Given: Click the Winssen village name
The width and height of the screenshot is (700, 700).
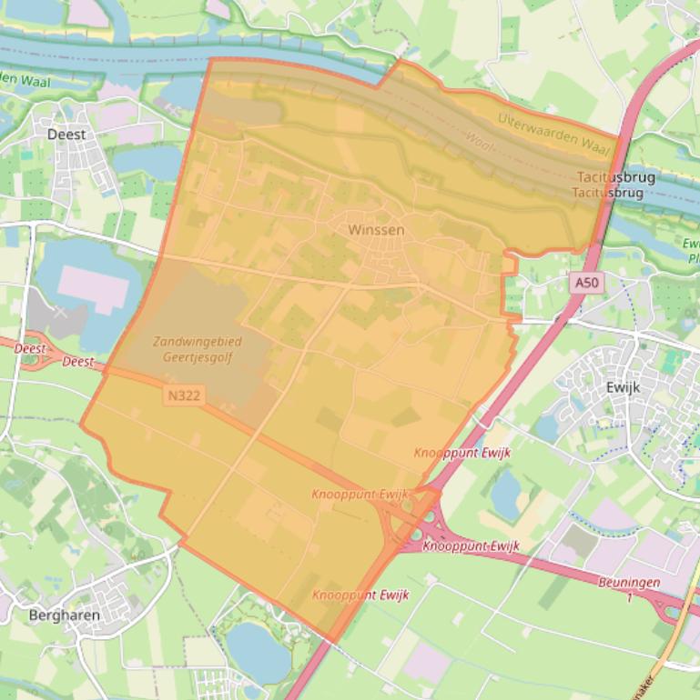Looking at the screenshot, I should pos(376,230).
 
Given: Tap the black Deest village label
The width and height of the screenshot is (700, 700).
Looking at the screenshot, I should pos(66,135).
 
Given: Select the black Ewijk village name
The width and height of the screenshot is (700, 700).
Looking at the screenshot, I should pos(623,387).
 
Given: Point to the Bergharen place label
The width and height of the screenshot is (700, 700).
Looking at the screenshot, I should pos(64,615).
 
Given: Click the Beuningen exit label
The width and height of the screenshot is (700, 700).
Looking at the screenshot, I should pos(629,583).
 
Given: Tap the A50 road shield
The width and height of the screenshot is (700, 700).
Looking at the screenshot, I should pos(588,284).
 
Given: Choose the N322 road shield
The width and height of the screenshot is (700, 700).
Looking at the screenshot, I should pos(184,395).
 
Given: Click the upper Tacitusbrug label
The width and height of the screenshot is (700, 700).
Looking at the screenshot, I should pos(616,177).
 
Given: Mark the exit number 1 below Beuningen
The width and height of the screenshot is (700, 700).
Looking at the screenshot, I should pos(629,596).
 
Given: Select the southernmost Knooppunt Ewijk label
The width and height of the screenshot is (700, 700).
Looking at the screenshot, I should pos(360,595).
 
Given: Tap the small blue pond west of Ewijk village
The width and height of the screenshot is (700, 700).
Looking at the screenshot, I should pos(547,428).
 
